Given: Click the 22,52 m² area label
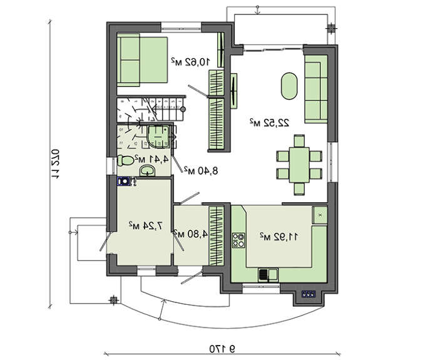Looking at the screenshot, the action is tap(269, 123).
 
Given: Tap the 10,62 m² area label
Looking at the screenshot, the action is tap(190, 61).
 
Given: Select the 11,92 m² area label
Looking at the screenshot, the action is tap(279, 237).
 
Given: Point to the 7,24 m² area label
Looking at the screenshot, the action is tap(145, 225).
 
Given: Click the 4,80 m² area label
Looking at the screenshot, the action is tap(191, 234).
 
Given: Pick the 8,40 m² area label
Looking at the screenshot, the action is tap(201, 170).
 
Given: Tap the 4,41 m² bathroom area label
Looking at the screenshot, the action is tap(151, 159).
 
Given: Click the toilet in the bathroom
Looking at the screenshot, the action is tap(125, 160).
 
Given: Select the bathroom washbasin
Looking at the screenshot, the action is tap(147, 170).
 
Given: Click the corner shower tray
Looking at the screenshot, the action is tap(158, 136).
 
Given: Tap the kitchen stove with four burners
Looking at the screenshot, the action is tap(238, 240).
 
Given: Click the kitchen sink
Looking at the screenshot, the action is tap(268, 274).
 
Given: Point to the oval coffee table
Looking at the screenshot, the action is tap(289, 86).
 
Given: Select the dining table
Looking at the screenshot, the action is tap(299, 165).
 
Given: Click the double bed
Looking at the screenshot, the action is tap(142, 60).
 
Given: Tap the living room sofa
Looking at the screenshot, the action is tap(316, 89).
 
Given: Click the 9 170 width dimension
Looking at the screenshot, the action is tap(222, 349).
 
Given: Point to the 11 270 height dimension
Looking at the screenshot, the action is tap(55, 164).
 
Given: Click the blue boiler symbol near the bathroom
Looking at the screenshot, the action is tap(123, 181).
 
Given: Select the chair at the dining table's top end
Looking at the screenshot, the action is tap(299, 141).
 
